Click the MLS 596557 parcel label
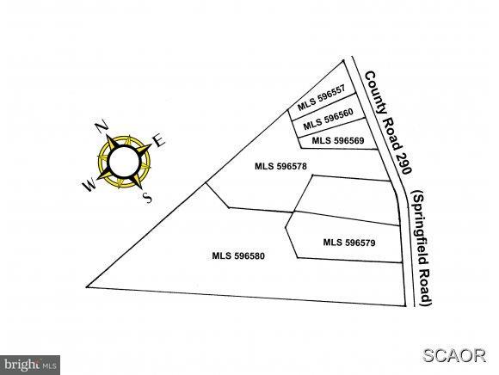coord(321,98)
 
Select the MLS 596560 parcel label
coord(328,119)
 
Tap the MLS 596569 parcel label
coord(338,140)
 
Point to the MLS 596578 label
coord(280,166)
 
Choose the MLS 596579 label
coord(349,243)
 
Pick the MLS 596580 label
coord(238,255)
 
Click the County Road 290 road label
coord(388,122)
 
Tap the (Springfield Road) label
coord(422,248)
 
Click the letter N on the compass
coord(102,126)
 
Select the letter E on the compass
coord(159,140)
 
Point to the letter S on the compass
coord(147,198)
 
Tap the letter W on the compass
coord(89,184)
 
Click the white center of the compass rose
coord(125,161)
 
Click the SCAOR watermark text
coord(454,355)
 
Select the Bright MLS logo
coord(30,365)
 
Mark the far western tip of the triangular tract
coord(87,287)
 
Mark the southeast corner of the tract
coord(406,306)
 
